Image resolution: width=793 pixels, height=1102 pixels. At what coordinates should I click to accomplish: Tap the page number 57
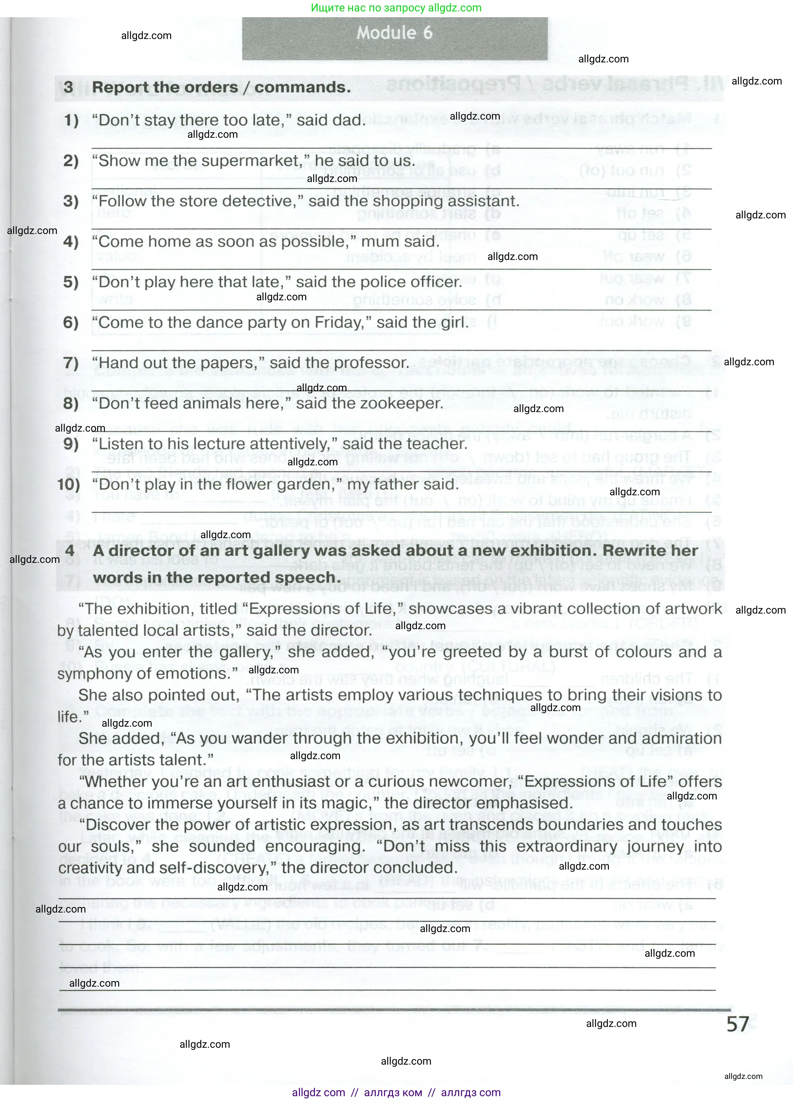click(x=738, y=1024)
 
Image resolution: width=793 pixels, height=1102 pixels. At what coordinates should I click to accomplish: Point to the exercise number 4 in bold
click(x=70, y=551)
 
